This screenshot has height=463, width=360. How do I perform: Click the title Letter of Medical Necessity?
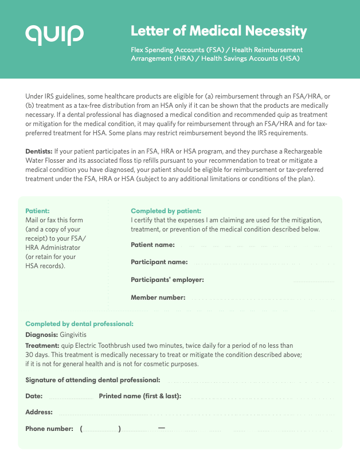pos(219,31)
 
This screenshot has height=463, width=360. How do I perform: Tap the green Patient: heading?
pos(37,211)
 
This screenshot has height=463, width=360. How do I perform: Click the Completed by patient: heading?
pos(166,211)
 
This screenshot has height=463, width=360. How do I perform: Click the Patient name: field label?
pos(153,245)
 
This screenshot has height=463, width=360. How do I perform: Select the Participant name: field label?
pos(159,262)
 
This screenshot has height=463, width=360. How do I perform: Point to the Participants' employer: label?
pos(167,280)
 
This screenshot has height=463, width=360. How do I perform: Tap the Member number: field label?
pos(158,297)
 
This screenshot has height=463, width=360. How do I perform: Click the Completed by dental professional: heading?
pos(79,324)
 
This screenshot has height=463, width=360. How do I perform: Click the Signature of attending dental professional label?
pos(93,380)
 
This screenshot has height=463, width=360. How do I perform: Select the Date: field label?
pos(34,396)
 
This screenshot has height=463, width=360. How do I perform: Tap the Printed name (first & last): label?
pos(140,396)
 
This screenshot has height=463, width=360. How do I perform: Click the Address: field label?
pos(39,412)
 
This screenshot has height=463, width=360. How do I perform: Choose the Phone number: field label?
pos(49,429)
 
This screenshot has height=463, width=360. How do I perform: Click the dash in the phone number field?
pos(161,428)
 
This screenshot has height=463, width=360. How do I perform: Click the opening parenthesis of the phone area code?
pos(82,429)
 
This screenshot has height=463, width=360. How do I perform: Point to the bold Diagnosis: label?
pos(42,334)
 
